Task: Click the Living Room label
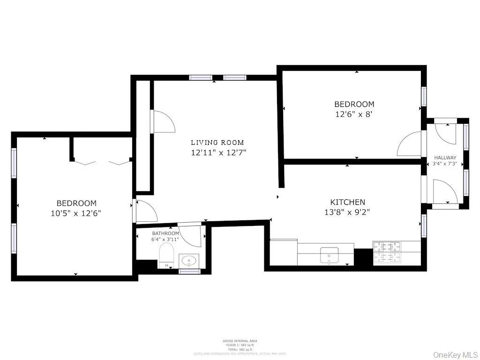pos(217,142)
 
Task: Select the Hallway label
pos(445,157)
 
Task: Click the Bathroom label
pos(165,233)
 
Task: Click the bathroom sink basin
pos(189,260)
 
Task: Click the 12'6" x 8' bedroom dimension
pos(354,114)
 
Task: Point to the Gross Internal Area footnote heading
pos(240,341)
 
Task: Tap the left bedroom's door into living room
pos(145,210)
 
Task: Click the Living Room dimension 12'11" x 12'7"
pos(218,152)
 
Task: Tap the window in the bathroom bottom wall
pos(189,271)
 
